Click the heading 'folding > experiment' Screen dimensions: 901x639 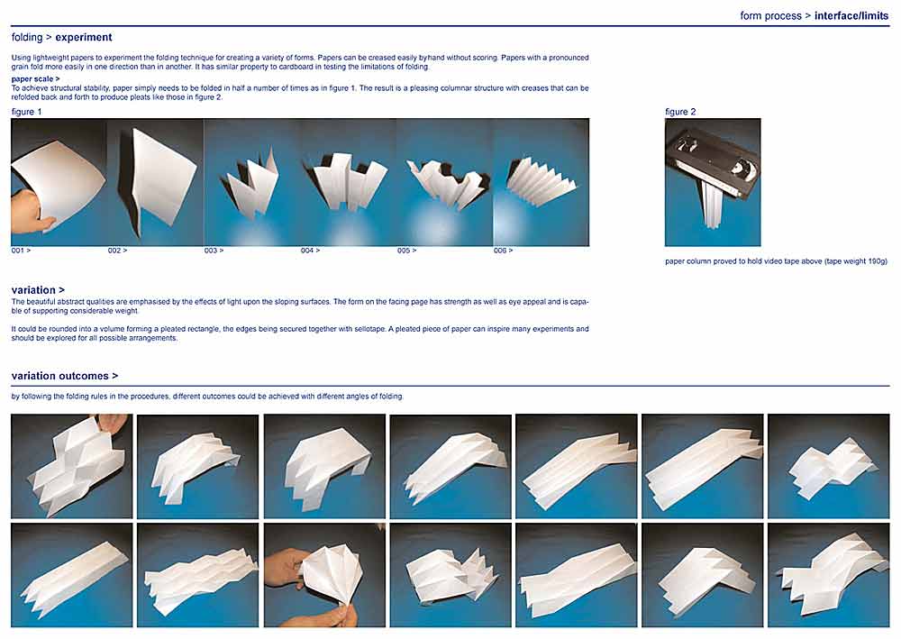[x=61, y=37]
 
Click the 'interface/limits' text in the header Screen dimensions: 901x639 [x=851, y=15]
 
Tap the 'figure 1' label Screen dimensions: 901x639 [x=26, y=112]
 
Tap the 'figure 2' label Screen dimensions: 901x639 [x=680, y=112]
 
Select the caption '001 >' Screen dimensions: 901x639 [x=21, y=251]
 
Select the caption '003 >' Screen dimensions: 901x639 [x=214, y=251]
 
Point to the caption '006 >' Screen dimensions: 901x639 [x=504, y=251]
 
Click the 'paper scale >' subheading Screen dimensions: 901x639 [x=36, y=78]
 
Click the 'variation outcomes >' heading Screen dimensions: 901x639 [x=64, y=376]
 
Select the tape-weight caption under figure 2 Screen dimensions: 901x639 [x=776, y=261]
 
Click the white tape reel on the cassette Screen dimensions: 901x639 [x=745, y=170]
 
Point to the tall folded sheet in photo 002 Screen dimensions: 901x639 [x=161, y=181]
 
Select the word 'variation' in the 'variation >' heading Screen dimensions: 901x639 [x=33, y=290]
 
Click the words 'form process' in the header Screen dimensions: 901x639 [x=770, y=15]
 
